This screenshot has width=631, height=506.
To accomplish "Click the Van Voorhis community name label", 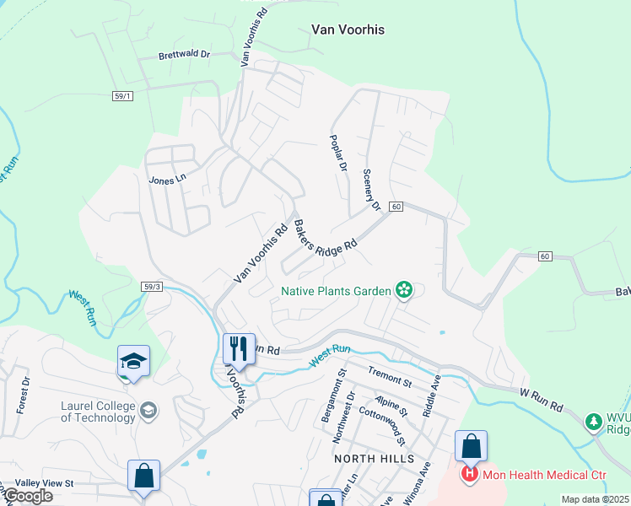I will pyautogui.click(x=348, y=30).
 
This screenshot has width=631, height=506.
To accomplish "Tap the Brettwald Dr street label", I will pyautogui.click(x=183, y=57).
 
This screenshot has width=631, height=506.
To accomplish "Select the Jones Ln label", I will pyautogui.click(x=166, y=180).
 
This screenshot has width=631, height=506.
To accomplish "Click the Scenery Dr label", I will pyautogui.click(x=372, y=189).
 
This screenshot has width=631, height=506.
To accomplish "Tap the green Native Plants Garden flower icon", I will pyautogui.click(x=405, y=291).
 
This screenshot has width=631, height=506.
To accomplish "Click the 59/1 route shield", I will pyautogui.click(x=122, y=97).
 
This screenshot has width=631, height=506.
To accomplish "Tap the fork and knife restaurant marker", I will pyautogui.click(x=239, y=347).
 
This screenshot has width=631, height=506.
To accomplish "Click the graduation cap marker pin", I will pyautogui.click(x=133, y=360).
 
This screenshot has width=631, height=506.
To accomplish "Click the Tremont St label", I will pyautogui.click(x=389, y=376).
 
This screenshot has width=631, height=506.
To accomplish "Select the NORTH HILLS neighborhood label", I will pyautogui.click(x=374, y=458).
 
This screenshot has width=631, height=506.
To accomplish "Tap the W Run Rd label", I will pyautogui.click(x=542, y=400).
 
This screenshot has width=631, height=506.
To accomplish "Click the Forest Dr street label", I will pyautogui.click(x=23, y=395).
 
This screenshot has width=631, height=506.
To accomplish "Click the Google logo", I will pyautogui.click(x=28, y=496).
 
